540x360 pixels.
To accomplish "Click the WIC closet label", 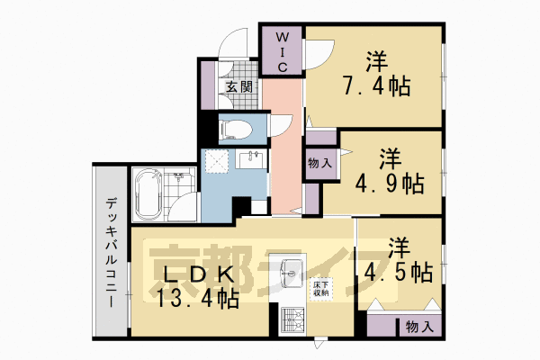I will tap(281, 52).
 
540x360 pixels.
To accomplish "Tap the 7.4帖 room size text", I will tap(376, 87).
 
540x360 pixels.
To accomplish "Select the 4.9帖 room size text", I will tap(390, 184).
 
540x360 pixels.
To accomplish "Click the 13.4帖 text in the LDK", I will tap(199, 299).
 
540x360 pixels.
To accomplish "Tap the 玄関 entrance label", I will tap(238, 87).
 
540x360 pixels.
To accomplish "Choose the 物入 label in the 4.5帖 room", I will tap(418, 325).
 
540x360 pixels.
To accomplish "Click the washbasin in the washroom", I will tap(251, 160).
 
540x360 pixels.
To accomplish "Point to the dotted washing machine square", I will tap(217, 162).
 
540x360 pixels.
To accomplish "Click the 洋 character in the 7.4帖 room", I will tap(376, 61).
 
